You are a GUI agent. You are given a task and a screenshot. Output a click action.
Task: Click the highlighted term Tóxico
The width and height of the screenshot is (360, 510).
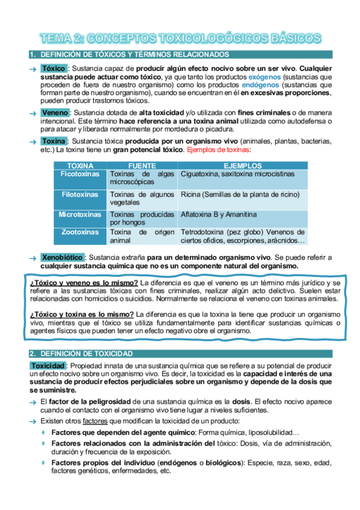[x=53, y=69]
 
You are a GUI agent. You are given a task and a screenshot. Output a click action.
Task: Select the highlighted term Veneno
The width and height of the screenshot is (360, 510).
[x=55, y=112]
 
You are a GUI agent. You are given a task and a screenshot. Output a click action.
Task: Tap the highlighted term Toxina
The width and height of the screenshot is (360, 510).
[x=55, y=141]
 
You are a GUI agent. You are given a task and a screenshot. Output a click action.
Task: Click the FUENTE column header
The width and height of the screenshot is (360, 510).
[x=142, y=165]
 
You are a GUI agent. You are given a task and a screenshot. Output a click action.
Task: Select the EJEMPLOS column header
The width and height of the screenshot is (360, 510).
[x=242, y=165]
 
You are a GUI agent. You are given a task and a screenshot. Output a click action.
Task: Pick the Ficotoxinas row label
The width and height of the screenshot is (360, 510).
[x=80, y=174]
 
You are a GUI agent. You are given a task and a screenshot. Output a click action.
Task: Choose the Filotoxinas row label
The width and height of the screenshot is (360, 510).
[x=80, y=194]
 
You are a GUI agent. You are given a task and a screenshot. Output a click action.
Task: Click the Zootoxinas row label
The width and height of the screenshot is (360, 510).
[x=80, y=232]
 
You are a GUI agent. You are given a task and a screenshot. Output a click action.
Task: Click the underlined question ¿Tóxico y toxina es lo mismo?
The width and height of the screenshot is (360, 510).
[x=82, y=313]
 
